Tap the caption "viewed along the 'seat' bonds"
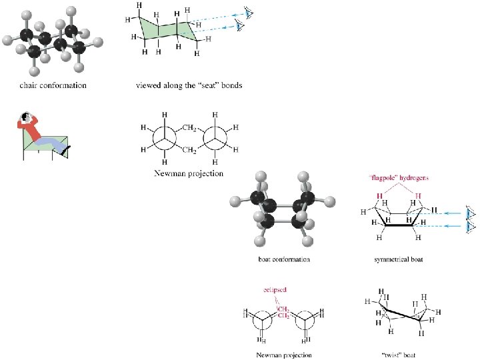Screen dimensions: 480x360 coord(189,85)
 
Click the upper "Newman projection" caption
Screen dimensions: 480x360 coord(189,173)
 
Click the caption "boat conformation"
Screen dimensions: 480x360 coord(284,259)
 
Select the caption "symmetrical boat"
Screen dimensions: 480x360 coord(399,259)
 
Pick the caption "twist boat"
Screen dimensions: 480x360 coord(399,355)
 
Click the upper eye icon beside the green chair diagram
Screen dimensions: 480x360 coord(248,13)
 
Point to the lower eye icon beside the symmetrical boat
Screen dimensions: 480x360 coord(471,227)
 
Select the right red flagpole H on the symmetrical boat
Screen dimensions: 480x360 coord(418,196)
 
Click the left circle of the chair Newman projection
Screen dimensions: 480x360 coord(163,139)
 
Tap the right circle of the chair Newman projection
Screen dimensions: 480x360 coord(217,139)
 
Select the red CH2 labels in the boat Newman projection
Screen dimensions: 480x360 coord(283,312)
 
